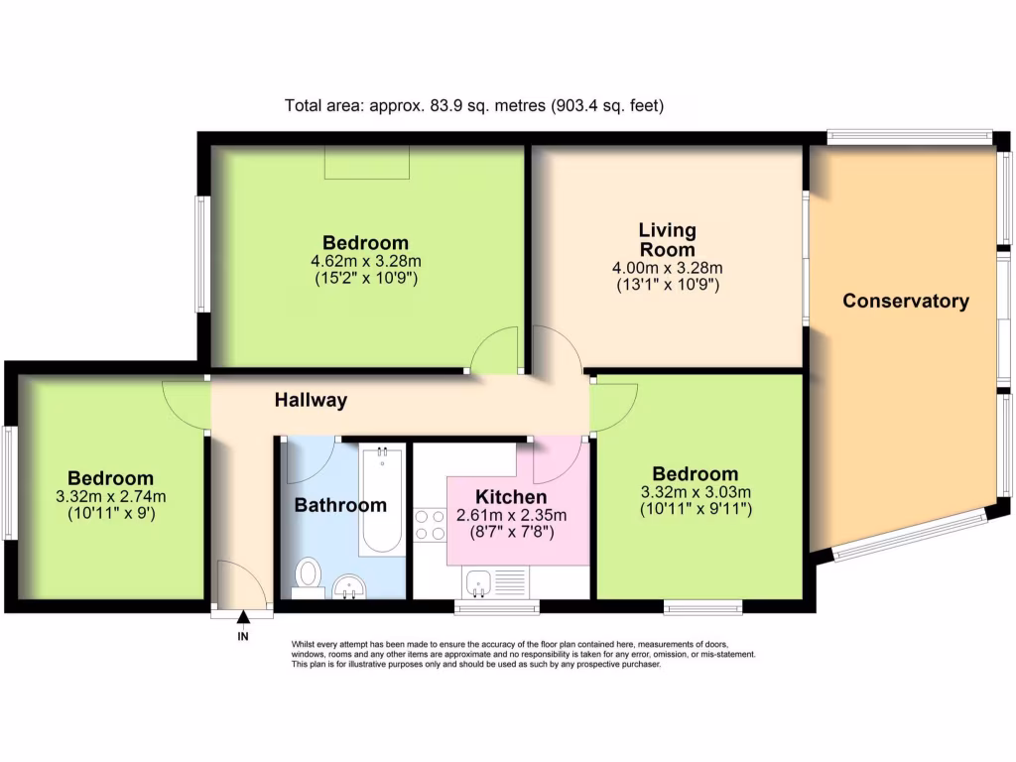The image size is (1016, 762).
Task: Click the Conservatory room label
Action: [905, 301]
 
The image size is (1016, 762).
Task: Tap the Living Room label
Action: [667, 239]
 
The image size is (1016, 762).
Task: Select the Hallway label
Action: [311, 401]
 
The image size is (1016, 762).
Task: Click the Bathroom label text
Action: [340, 505]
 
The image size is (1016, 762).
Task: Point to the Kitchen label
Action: [511, 497]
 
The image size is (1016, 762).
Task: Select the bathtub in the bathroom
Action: [382, 501]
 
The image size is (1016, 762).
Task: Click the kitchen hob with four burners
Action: [428, 524]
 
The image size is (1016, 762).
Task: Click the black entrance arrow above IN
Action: [243, 618]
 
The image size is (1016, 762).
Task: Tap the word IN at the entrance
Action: [243, 636]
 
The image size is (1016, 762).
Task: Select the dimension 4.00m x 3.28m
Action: [667, 268]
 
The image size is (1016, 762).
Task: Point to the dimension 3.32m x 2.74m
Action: [110, 497]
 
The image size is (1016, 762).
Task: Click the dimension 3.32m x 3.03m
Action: [696, 492]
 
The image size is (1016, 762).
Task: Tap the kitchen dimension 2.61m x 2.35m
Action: [511, 515]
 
